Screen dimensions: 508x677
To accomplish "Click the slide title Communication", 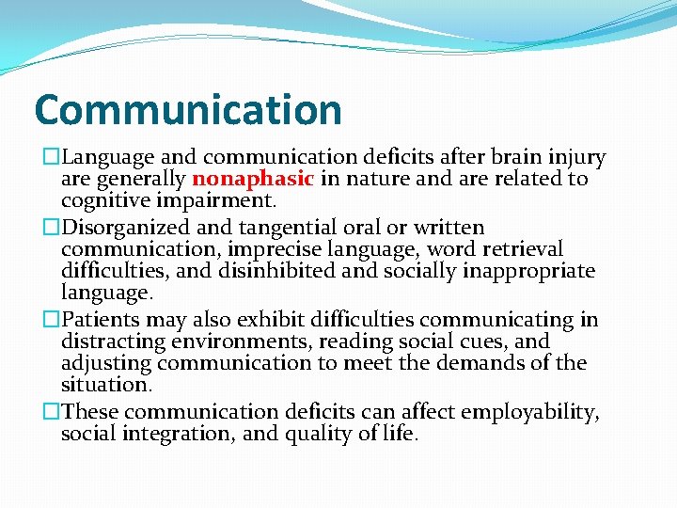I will tap(187, 110).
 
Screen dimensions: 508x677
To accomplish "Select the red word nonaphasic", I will tap(252, 179).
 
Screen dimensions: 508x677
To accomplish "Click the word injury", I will tap(575, 157).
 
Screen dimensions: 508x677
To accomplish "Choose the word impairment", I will tap(218, 200).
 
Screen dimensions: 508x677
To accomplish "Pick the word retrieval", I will tap(524, 249).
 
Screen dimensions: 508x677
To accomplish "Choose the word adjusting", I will tap(106, 363).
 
